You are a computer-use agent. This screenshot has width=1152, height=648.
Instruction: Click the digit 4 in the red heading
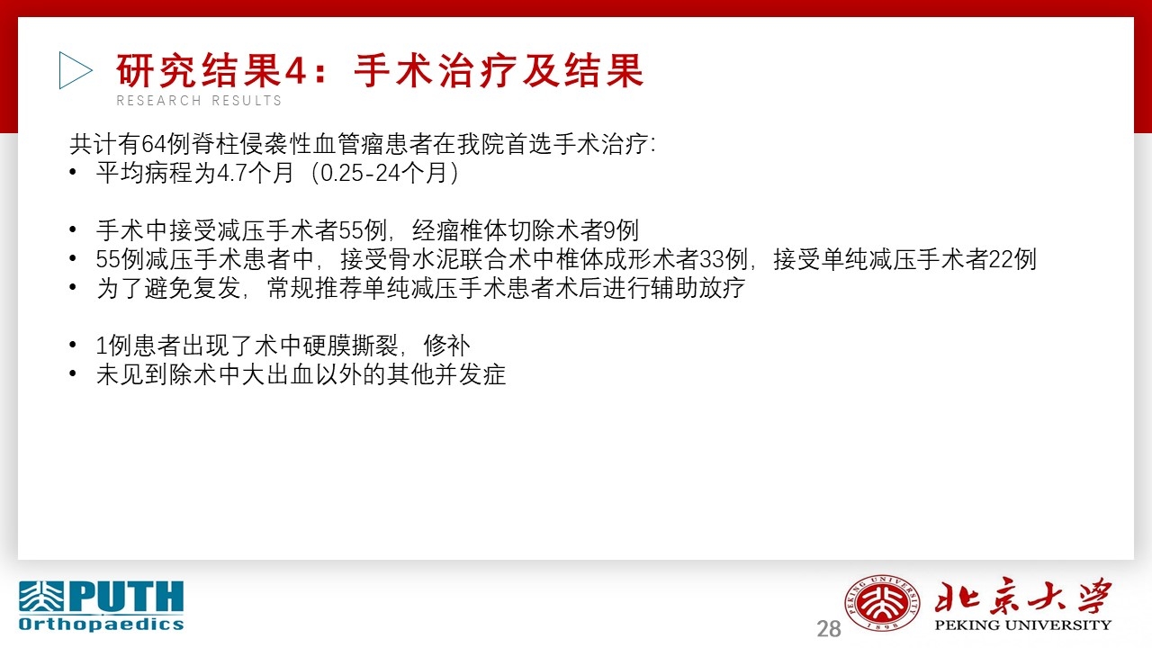(x=296, y=70)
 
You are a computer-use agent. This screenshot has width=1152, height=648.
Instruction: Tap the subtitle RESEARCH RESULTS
(x=199, y=101)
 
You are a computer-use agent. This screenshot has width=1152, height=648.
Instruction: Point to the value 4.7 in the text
(x=232, y=173)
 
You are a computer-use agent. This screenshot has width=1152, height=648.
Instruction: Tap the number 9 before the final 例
(x=609, y=230)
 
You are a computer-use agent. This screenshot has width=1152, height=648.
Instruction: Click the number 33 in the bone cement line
(x=711, y=259)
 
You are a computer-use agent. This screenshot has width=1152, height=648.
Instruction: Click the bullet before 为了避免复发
(x=73, y=287)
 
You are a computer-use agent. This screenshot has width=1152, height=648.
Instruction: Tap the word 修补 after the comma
(x=446, y=346)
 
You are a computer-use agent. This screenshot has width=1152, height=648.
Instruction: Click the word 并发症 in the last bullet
(x=470, y=374)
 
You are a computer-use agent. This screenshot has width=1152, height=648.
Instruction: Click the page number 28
(x=829, y=629)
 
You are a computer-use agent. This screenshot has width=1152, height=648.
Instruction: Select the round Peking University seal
(x=882, y=603)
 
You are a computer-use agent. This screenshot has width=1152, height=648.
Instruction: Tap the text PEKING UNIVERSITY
(x=1023, y=625)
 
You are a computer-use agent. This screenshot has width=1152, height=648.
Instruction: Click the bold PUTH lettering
(x=127, y=597)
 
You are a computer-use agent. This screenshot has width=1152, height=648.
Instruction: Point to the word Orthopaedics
(x=102, y=625)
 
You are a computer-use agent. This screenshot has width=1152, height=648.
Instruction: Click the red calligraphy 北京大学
(x=1023, y=596)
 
